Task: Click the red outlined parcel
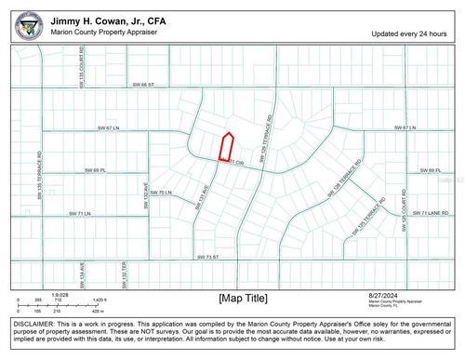click(225, 146)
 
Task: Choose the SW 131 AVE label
click(203, 198)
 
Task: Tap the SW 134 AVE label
click(82, 272)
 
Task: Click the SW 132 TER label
click(123, 272)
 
